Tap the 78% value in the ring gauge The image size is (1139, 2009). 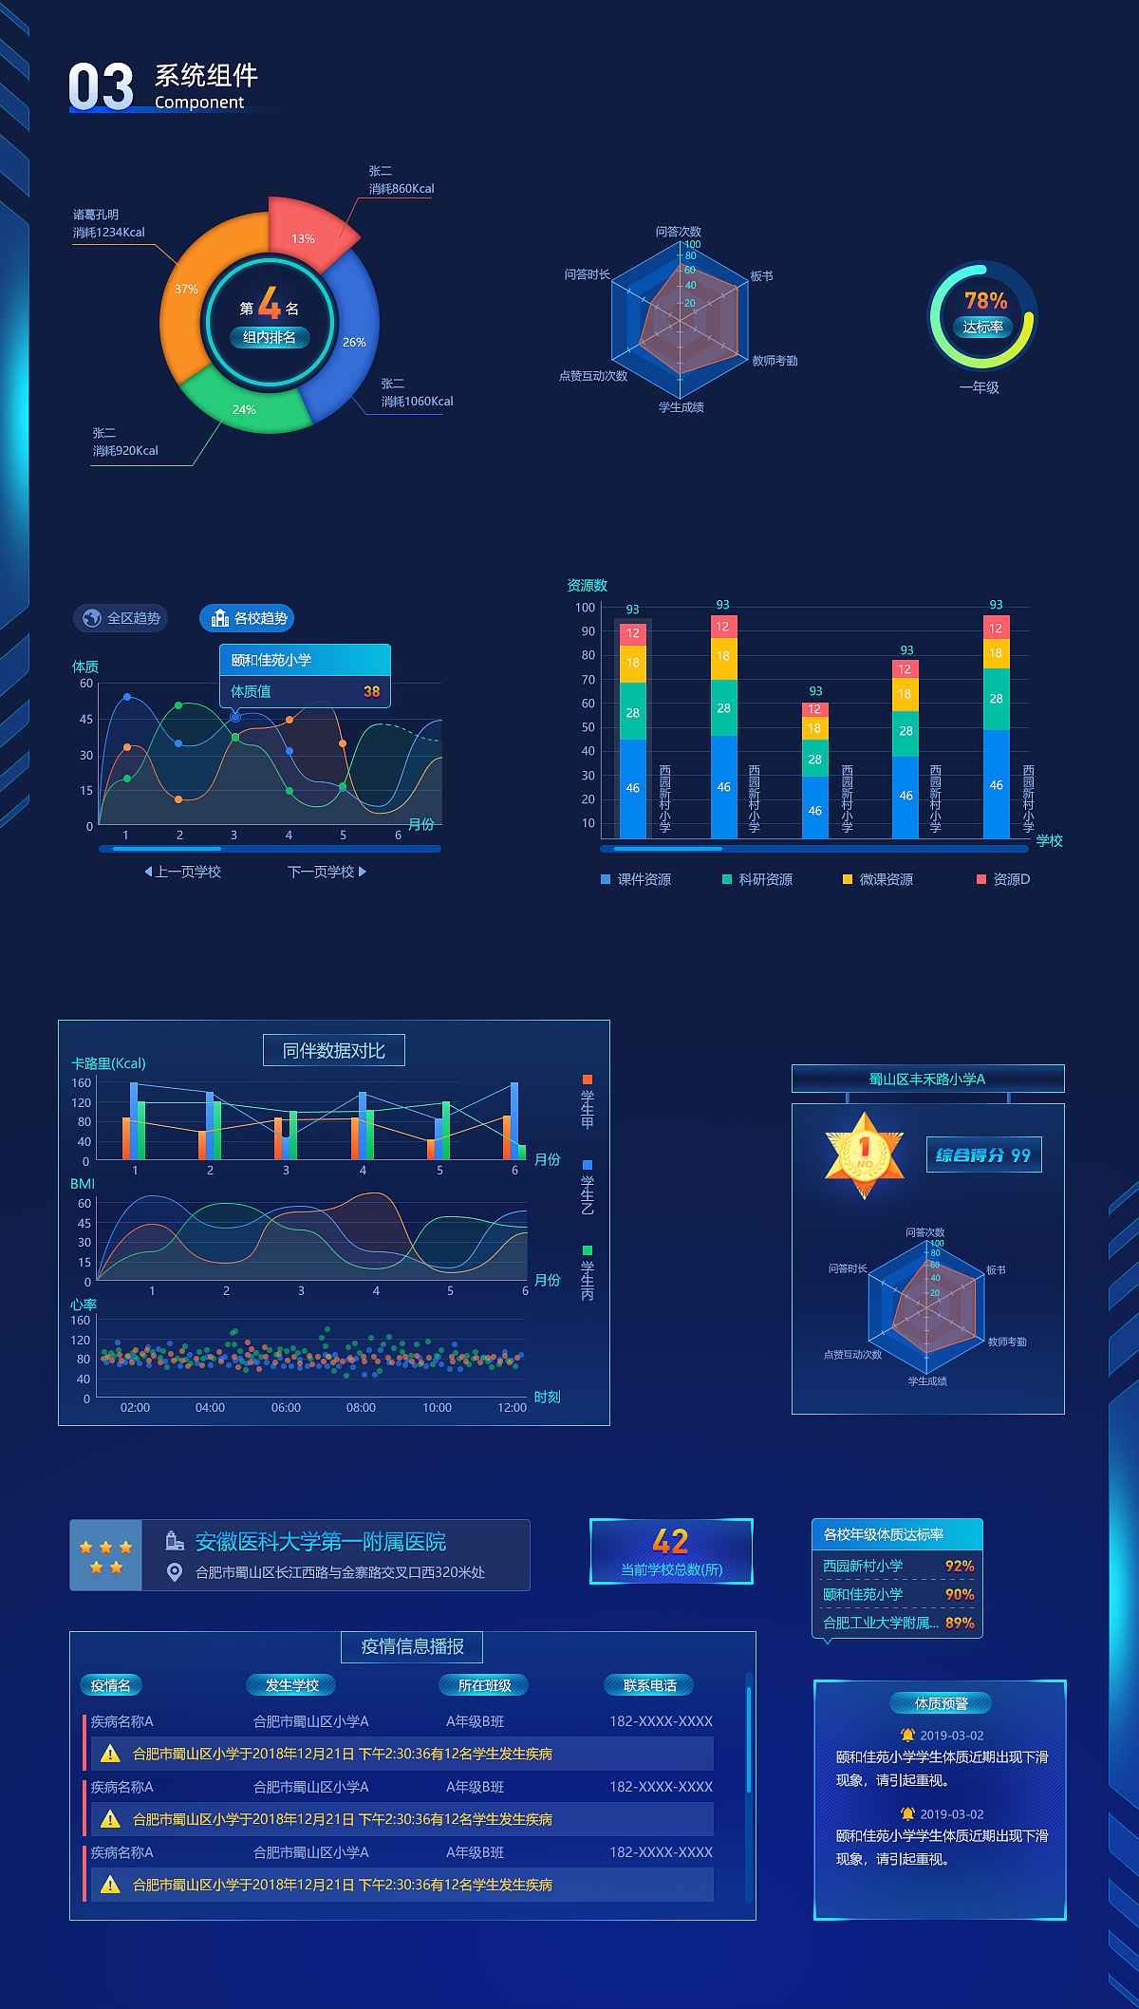coord(985,301)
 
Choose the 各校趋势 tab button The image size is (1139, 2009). coord(247,618)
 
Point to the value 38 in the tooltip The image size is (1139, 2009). coord(371,691)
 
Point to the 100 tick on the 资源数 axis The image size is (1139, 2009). coord(585,608)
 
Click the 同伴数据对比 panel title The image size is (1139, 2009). coord(334,1051)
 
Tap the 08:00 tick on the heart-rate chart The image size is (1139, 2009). coord(361,1407)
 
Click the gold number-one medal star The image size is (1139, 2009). coord(865,1153)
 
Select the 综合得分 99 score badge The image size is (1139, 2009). coord(983,1155)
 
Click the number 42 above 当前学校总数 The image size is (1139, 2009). coord(671,1541)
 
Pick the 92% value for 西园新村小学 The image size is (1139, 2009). coord(959,1566)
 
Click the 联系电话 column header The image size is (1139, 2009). coord(649,1685)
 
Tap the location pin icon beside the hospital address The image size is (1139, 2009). coord(175,1572)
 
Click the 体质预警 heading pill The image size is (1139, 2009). coord(941,1703)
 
